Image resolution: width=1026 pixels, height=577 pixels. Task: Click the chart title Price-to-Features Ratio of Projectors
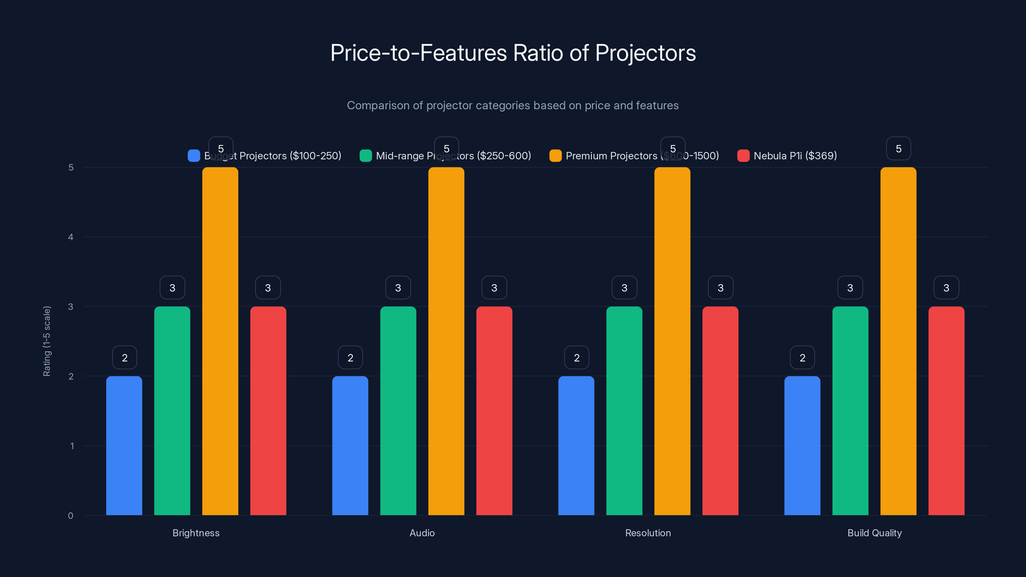click(513, 53)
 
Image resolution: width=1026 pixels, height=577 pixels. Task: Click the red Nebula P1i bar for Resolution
click(720, 411)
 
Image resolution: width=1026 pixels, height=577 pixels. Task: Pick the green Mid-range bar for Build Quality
click(850, 411)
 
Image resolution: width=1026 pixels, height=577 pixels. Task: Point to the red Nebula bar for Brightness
click(268, 411)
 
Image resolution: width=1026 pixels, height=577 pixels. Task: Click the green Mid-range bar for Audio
click(398, 411)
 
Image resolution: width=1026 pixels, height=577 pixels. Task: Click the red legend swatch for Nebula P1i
click(743, 156)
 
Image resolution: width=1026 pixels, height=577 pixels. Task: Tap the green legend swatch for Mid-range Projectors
click(366, 156)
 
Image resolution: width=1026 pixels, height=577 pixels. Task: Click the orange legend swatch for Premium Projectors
click(555, 156)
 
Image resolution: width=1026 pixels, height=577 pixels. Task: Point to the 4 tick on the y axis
click(71, 237)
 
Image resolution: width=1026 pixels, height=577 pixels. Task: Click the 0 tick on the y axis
click(71, 516)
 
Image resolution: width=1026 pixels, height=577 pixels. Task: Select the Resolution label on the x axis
click(648, 533)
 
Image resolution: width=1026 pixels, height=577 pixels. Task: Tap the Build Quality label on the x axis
click(874, 533)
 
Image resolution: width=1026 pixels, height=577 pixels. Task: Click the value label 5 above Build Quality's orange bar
click(898, 148)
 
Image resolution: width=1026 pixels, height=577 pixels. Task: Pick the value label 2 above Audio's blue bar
click(350, 358)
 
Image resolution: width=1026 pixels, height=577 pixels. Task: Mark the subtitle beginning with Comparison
click(513, 105)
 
